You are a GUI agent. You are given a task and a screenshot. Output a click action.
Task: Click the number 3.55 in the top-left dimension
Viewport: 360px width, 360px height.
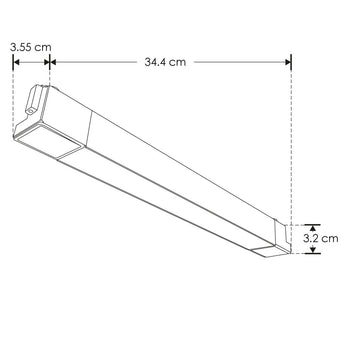(x=17, y=46)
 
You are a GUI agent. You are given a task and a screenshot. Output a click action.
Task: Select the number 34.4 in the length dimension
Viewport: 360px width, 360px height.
(x=153, y=62)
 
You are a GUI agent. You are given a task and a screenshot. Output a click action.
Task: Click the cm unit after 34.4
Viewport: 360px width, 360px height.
(x=177, y=62)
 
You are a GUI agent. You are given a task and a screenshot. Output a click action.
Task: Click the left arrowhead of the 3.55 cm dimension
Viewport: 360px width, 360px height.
(x=15, y=62)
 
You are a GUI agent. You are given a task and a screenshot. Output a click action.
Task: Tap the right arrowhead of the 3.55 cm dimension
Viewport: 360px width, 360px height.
(x=46, y=62)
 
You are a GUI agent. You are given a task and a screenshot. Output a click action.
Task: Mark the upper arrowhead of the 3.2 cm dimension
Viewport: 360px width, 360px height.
(x=313, y=225)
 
